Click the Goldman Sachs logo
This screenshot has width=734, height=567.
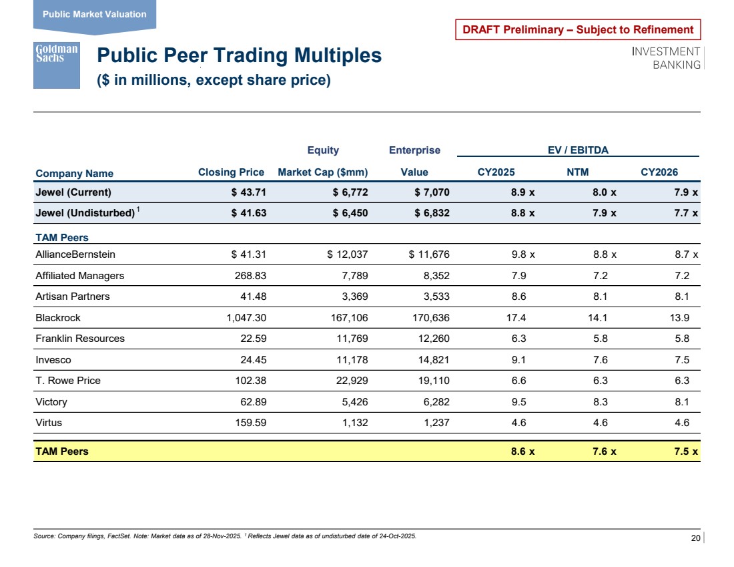pyautogui.click(x=56, y=64)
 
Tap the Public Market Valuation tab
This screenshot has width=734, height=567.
pyautogui.click(x=94, y=15)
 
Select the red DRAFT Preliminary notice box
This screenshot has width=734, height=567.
pyautogui.click(x=578, y=29)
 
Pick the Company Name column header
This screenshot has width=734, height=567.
pyautogui.click(x=74, y=174)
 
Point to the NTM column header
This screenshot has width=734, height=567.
pyautogui.click(x=577, y=172)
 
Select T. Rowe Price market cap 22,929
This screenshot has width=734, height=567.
pyautogui.click(x=348, y=381)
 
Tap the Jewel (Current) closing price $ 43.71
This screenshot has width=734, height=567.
pyautogui.click(x=247, y=193)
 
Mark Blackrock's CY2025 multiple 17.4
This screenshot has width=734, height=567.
pyautogui.click(x=517, y=317)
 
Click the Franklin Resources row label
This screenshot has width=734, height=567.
pyautogui.click(x=79, y=339)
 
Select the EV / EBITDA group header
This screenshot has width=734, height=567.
pyautogui.click(x=578, y=150)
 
